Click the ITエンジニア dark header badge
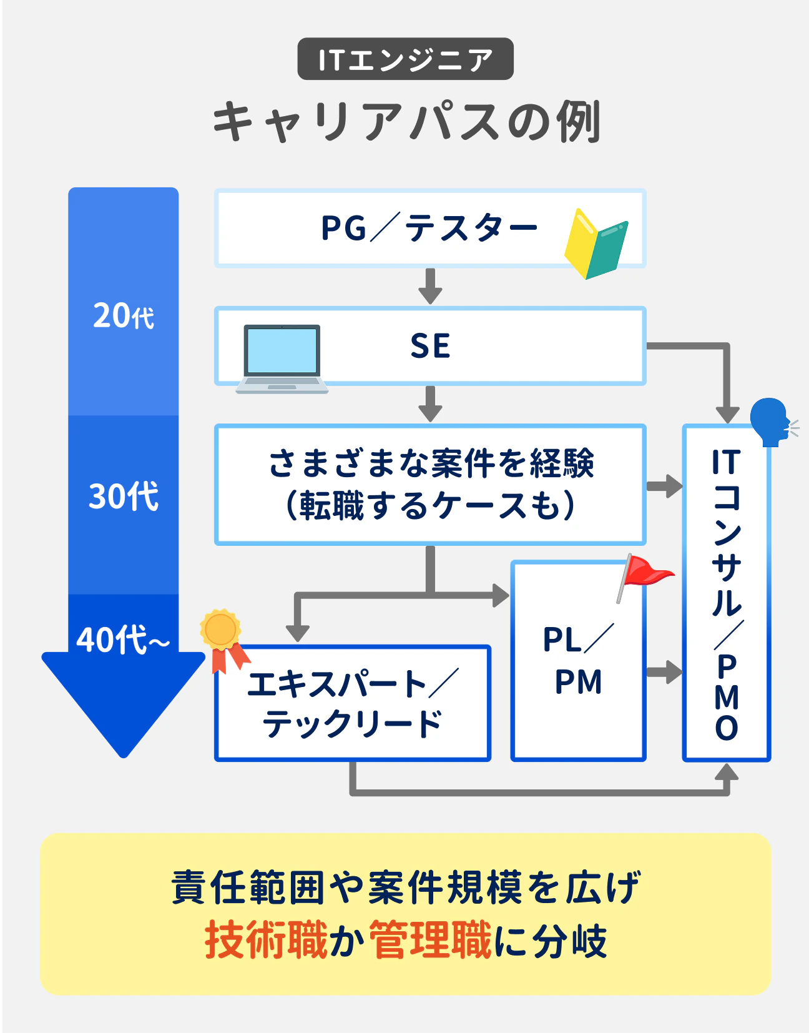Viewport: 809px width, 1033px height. (x=405, y=59)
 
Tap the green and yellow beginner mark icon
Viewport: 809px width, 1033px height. (x=596, y=244)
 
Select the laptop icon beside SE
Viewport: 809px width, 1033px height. (x=282, y=358)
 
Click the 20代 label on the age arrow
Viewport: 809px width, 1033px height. (x=124, y=315)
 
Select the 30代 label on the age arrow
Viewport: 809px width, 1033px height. (x=124, y=497)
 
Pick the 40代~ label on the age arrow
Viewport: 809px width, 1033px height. (x=123, y=640)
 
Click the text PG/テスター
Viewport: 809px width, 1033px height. (x=429, y=228)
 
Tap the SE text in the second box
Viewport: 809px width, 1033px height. (x=430, y=345)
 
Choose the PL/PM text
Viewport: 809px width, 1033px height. (x=579, y=660)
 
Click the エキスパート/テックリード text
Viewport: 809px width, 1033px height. (x=353, y=704)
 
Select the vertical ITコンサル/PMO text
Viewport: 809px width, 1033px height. (x=727, y=593)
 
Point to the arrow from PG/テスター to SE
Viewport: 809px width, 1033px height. (x=430, y=287)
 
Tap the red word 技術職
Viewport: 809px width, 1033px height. (x=266, y=940)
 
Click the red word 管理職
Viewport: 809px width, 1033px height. (x=431, y=940)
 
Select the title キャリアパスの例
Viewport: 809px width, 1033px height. (x=406, y=121)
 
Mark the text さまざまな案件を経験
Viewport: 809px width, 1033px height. (x=431, y=463)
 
